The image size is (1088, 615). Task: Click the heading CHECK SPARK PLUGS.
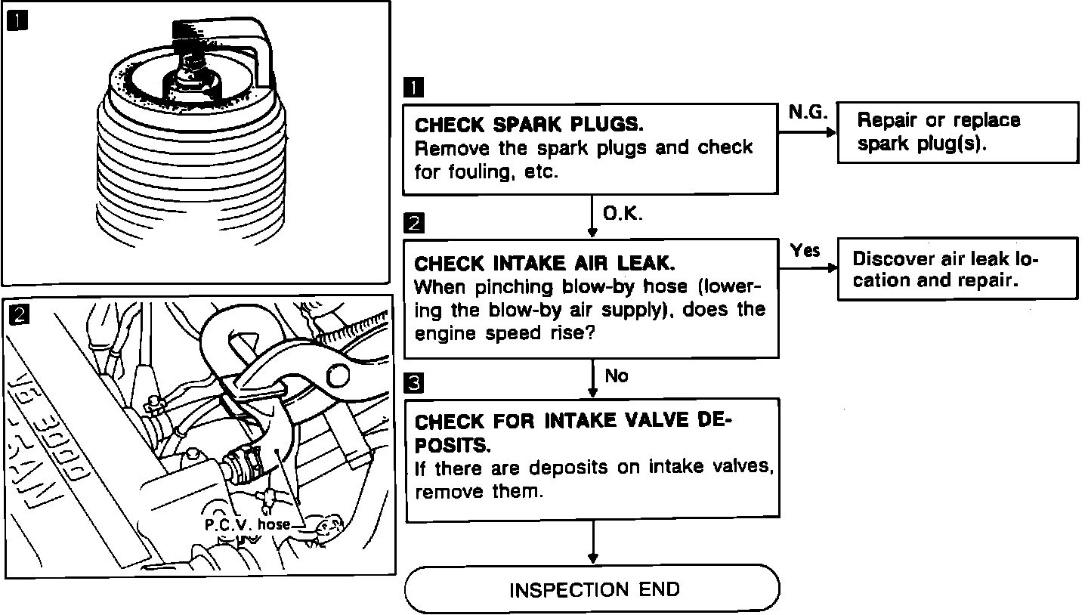click(x=529, y=124)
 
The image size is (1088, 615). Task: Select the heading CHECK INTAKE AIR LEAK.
click(x=543, y=263)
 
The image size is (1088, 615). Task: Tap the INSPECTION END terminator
click(x=593, y=589)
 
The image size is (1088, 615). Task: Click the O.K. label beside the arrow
click(x=623, y=215)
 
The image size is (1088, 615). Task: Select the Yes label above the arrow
click(x=805, y=250)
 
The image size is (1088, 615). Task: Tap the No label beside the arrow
click(x=617, y=375)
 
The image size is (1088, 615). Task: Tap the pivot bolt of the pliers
click(x=339, y=375)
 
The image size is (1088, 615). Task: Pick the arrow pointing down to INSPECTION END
click(x=593, y=544)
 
